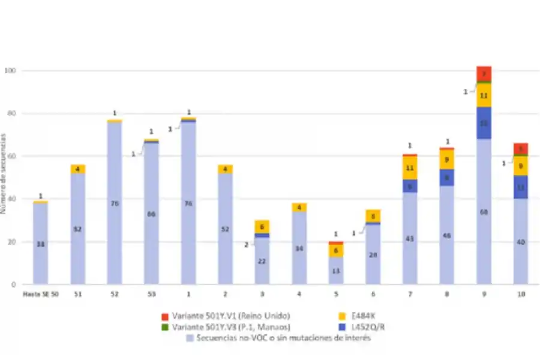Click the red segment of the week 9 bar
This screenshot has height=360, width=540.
point(484,73)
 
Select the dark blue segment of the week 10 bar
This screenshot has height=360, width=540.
point(520,187)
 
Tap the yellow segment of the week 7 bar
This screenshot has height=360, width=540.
point(410,168)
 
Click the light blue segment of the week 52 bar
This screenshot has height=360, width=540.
point(115,203)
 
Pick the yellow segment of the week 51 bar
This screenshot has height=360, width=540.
point(78,169)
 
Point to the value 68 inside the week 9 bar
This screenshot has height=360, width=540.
point(484,212)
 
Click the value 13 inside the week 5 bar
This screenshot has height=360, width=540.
point(336,271)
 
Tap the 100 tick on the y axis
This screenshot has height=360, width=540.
point(10,71)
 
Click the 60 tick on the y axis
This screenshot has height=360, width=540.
point(12,157)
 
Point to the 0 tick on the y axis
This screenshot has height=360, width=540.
point(14,284)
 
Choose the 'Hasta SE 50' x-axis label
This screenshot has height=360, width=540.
point(40,294)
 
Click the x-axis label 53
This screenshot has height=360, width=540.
point(151,294)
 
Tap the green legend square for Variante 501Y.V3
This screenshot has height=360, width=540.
point(164,327)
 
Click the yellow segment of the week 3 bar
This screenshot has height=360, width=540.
point(262,226)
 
